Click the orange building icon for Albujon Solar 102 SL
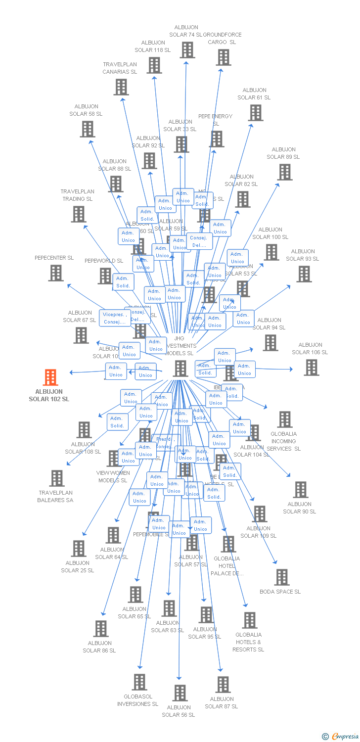pos(50,377)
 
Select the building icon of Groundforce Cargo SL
pos(223,57)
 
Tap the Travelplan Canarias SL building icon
pos(121,87)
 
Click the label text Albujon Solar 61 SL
pos(254,94)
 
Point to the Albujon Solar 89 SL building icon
pos(285,172)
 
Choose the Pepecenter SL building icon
pos(56,273)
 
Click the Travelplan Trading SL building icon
pos(79,214)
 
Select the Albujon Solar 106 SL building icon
pos(311,368)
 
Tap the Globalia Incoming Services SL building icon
pos(284,419)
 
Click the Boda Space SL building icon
pos(281,577)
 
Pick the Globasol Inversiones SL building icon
pos(139,682)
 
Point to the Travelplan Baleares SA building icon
pos(57,478)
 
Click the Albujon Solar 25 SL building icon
pos(79,549)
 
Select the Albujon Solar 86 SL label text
pos(99,647)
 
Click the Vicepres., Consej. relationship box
pos(115,318)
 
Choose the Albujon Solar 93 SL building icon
pos(304,274)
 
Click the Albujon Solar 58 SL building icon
pos(88,129)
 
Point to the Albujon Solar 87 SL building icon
pos(223,685)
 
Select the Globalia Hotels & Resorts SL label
pos(249,642)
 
